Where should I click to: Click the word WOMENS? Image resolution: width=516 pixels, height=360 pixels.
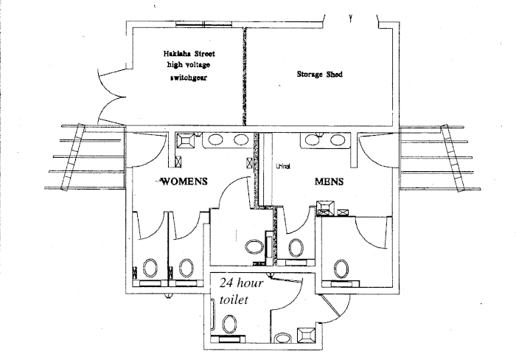click(184, 181)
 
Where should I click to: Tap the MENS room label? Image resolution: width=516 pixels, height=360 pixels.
click(329, 181)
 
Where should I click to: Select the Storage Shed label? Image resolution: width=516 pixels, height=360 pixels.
click(319, 75)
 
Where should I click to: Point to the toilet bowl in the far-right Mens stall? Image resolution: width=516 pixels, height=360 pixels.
click(340, 267)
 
